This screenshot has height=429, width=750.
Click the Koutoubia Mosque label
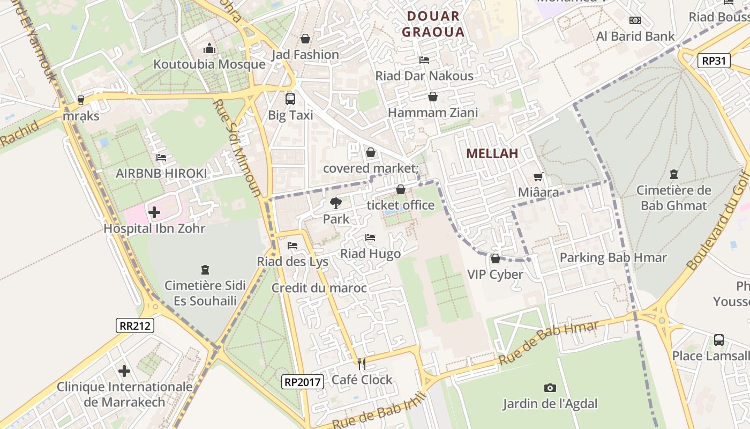pos(209,64)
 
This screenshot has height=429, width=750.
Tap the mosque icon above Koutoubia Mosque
pos(209,49)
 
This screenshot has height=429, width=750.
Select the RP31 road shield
pos(715,61)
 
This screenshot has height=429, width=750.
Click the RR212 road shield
pos(135,325)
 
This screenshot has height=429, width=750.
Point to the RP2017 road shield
pos(303,382)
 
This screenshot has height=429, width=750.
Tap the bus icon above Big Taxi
pos(290,99)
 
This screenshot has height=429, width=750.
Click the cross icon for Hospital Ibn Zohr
pos(154,212)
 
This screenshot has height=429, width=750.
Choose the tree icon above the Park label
pos(336,203)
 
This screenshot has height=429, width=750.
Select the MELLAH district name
pos(492,153)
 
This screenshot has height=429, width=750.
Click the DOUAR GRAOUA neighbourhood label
pos(433,24)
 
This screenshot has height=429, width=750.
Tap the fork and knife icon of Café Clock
pos(362,364)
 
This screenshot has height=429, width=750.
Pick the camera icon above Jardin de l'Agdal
pos(550,388)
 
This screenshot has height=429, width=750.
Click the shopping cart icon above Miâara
pos(538,176)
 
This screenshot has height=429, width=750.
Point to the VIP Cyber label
pos(495,275)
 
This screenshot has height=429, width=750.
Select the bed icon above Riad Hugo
pos(370,238)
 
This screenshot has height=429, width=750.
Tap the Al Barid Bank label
pos(635,36)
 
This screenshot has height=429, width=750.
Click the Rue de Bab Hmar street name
pos(548,343)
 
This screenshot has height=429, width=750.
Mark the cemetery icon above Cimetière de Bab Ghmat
pos(673,174)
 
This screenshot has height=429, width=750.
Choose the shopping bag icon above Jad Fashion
pos(305,39)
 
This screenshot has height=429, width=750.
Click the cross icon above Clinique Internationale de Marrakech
pos(124,371)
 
